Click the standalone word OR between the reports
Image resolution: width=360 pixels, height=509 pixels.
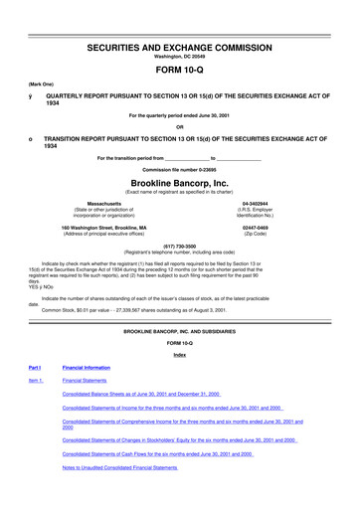tap(179, 125)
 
